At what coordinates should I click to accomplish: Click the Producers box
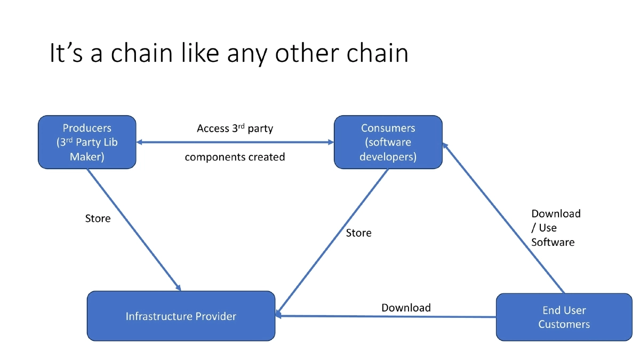click(x=87, y=142)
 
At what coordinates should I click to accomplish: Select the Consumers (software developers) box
click(x=388, y=142)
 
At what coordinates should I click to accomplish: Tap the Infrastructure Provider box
click(x=181, y=316)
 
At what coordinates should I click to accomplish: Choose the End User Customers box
click(x=564, y=317)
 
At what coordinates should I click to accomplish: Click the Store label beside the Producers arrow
click(x=98, y=219)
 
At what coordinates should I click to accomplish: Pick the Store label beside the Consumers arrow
click(x=358, y=233)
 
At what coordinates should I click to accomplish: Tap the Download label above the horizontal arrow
click(x=406, y=308)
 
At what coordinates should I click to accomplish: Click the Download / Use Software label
click(x=555, y=228)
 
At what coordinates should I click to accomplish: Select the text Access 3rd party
click(x=235, y=129)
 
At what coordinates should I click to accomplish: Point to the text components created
click(x=235, y=157)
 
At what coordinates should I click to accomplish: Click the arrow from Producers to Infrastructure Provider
click(x=133, y=229)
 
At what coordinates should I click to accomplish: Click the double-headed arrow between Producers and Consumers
click(x=235, y=142)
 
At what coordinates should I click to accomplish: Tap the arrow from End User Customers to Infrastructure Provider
click(x=387, y=316)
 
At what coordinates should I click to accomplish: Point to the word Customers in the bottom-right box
click(x=564, y=324)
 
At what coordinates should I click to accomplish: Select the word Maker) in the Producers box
click(x=87, y=157)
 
